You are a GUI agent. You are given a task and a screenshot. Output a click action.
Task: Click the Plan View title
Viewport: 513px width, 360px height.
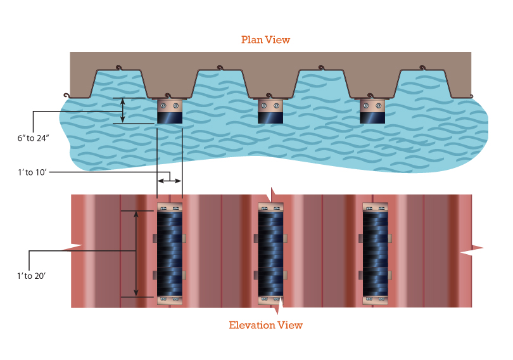pyautogui.click(x=265, y=40)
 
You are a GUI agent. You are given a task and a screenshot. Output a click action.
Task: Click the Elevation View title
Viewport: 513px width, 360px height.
pyautogui.click(x=265, y=325)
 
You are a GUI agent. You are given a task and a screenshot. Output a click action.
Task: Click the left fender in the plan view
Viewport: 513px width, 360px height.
pyautogui.click(x=170, y=112)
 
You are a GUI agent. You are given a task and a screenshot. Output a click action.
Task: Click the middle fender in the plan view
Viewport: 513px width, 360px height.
pyautogui.click(x=270, y=112)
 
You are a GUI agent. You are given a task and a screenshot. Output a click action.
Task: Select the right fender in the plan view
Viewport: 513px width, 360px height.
pyautogui.click(x=372, y=112)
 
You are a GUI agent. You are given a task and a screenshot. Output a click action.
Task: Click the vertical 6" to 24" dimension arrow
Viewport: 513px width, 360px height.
pyautogui.click(x=123, y=111)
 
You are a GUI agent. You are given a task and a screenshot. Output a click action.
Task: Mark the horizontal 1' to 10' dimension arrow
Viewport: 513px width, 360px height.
pyautogui.click(x=170, y=181)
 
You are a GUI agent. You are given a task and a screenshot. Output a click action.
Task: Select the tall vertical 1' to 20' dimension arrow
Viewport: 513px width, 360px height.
pyautogui.click(x=136, y=254)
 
